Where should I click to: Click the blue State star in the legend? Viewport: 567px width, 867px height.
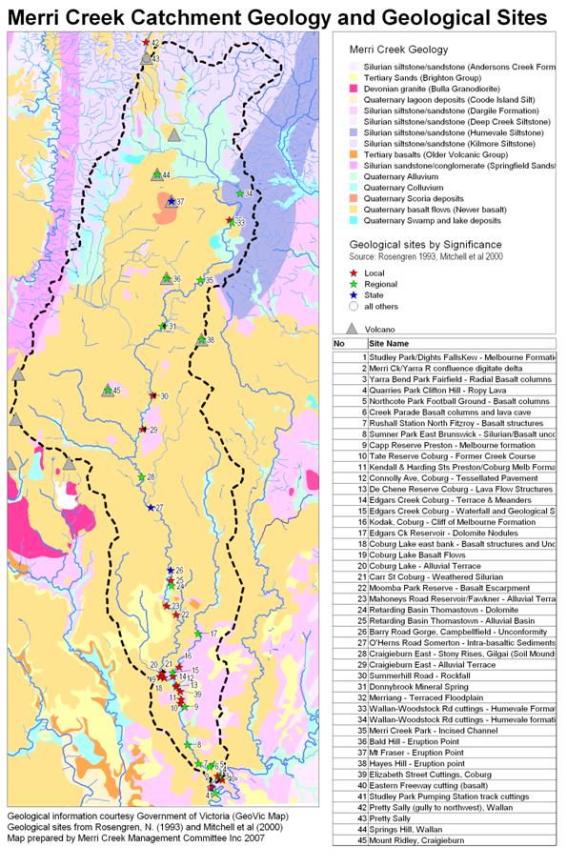pos(352,296)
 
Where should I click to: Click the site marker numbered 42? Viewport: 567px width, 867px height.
pos(146,43)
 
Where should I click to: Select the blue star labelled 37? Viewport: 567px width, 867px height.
pos(171,202)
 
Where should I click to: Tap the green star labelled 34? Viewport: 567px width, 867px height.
pos(239,194)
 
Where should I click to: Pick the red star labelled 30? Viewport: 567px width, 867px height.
pos(152,396)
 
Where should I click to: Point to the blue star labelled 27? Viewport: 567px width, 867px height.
pos(151,508)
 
